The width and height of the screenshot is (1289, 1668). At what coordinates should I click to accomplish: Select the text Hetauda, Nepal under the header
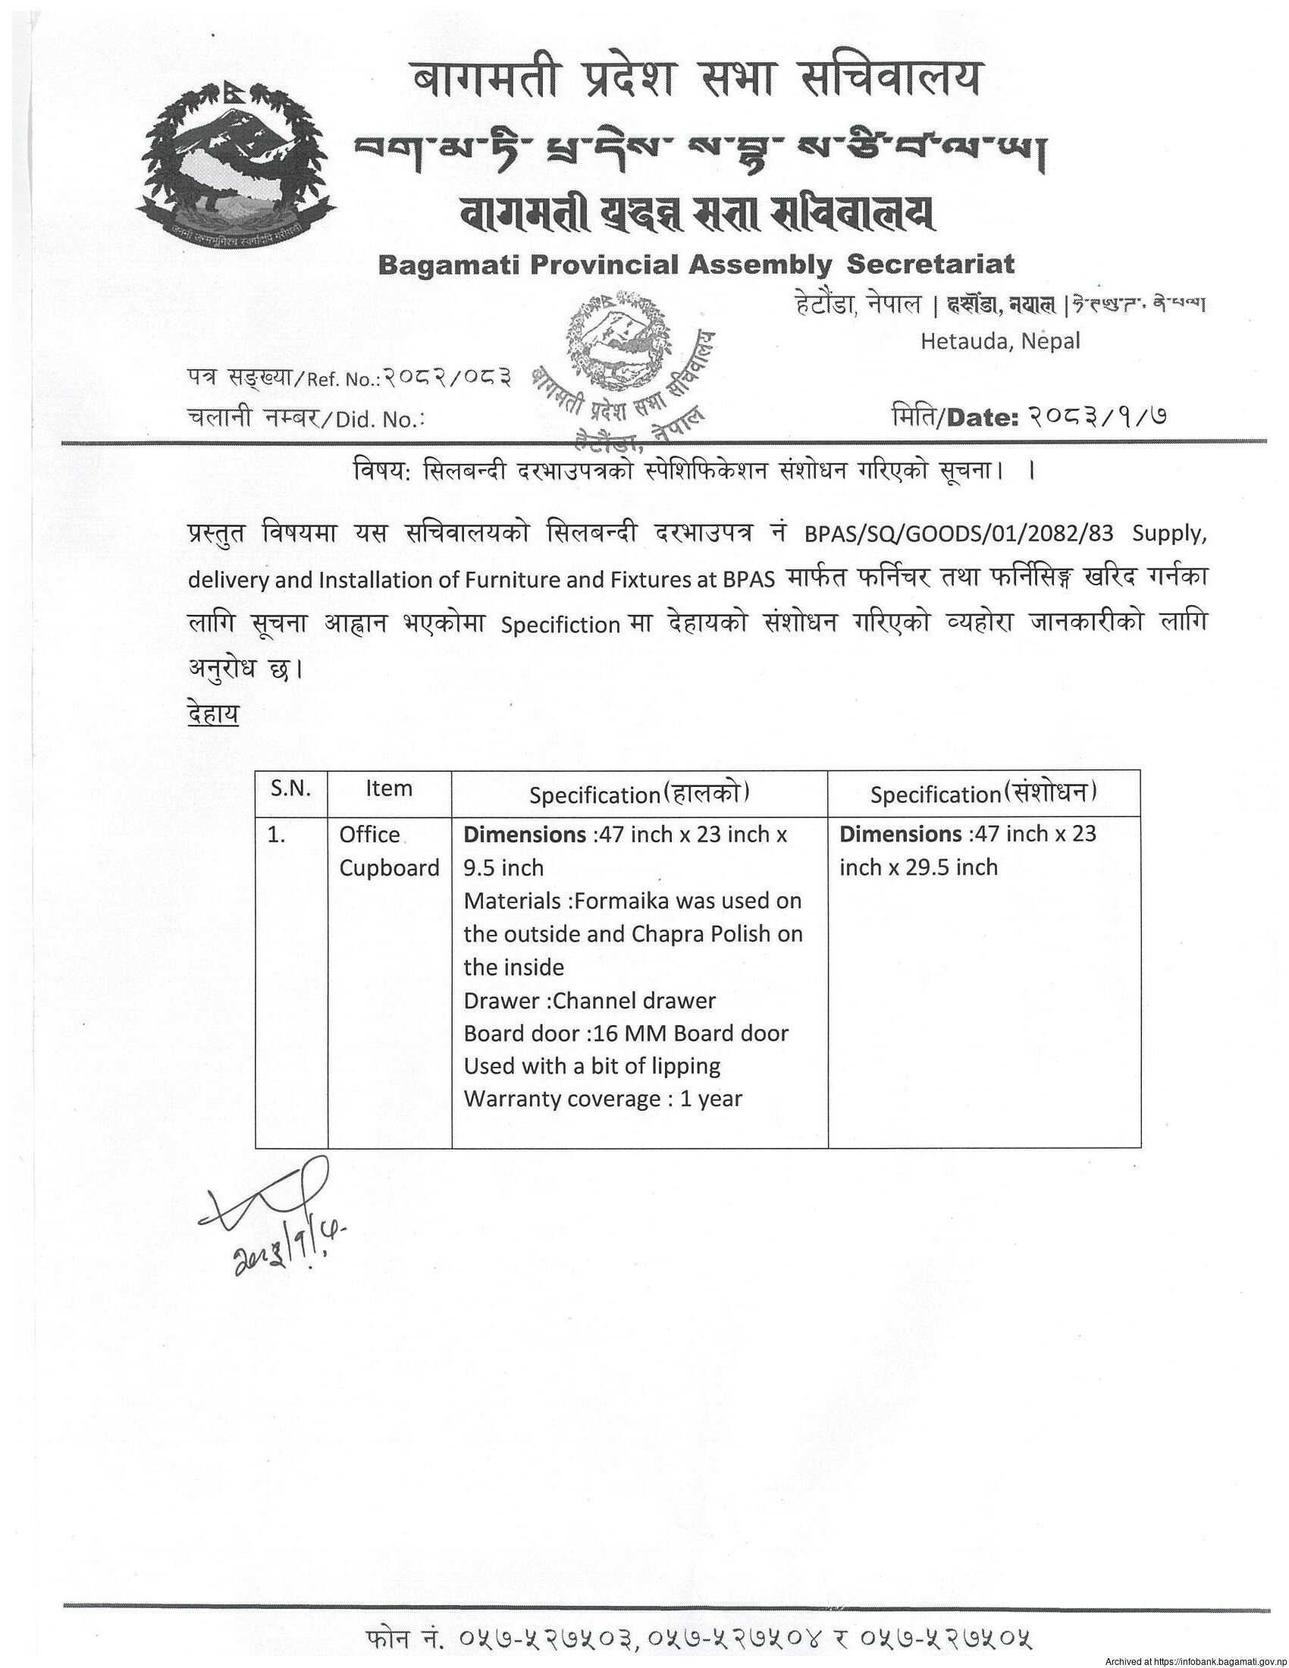(999, 340)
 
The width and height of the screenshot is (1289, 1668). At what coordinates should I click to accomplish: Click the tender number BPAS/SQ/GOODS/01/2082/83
(958, 534)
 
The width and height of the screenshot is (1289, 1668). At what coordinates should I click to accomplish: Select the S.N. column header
(291, 789)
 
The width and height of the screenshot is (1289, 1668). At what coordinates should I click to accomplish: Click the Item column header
(389, 789)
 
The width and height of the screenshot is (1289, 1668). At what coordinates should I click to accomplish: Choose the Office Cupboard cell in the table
(389, 851)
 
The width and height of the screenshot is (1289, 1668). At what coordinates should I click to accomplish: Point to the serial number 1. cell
(277, 836)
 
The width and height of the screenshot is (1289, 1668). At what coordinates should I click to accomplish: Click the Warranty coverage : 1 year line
(603, 1100)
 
